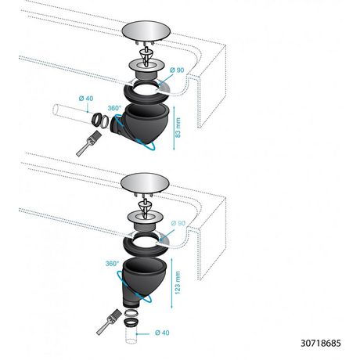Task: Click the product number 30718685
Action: coord(321,343)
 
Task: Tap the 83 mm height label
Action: coord(178,128)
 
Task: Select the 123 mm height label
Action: coord(178,283)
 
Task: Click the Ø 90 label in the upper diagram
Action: coord(177,70)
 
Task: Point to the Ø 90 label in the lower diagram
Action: coord(178,223)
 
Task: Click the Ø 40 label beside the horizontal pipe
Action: coord(86,99)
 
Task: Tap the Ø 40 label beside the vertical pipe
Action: coord(162,333)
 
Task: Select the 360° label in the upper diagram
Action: coord(114,108)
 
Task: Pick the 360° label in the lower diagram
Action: coord(112,264)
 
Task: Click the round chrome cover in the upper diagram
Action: coord(146,31)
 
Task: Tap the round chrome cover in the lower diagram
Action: coord(145,183)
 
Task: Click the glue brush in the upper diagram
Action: coord(88,144)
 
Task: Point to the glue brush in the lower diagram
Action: coord(109,322)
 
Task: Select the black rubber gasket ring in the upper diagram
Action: coord(146,93)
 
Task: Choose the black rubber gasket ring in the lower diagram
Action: coord(146,246)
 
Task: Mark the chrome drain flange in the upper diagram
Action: coord(146,67)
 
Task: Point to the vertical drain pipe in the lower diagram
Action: coord(131,334)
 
